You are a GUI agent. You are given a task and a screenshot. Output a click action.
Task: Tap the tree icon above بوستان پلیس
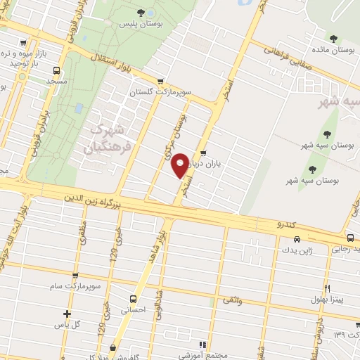141,13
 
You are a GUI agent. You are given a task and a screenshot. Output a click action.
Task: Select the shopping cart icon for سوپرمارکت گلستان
161,82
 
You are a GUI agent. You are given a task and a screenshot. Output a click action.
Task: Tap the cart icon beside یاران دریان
203,153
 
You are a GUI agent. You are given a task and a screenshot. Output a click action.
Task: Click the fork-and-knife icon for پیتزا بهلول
327,288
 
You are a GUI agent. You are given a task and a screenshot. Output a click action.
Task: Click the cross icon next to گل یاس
67,314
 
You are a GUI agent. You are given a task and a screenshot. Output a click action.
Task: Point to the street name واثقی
231,301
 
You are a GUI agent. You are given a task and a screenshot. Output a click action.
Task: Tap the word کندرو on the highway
288,225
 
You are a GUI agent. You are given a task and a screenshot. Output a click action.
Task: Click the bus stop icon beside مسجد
56,70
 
